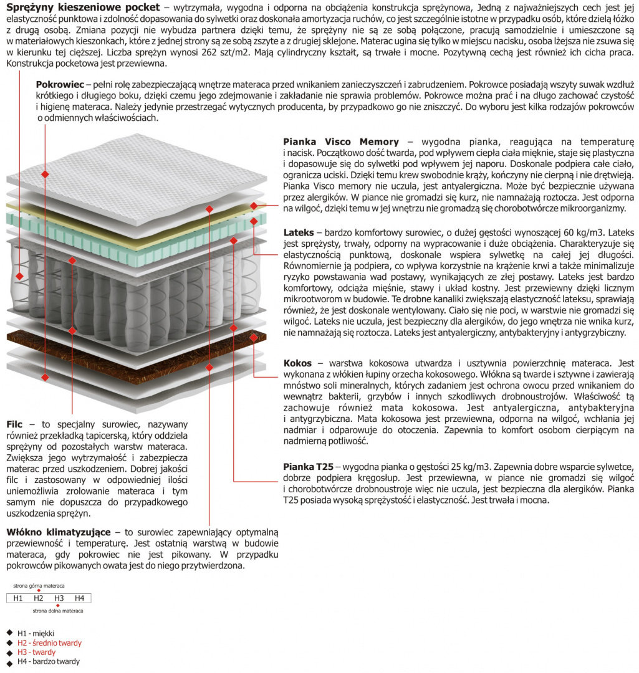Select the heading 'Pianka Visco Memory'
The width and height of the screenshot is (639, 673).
[340, 142]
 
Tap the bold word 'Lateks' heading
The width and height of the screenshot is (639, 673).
[299, 232]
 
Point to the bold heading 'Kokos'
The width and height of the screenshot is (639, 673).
[297, 363]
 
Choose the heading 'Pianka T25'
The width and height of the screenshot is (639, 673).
[309, 466]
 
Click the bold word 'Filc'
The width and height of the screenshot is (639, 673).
[14, 423]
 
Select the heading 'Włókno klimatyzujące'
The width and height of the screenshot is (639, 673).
[59, 532]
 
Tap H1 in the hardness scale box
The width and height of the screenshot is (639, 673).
[17, 598]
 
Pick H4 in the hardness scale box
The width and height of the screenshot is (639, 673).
[79, 598]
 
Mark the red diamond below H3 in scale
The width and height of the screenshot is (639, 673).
[58, 605]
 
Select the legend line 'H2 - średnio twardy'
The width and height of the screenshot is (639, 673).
[49, 642]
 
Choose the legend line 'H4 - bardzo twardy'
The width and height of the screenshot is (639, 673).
[49, 661]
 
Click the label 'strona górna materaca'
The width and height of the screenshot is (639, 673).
[39, 586]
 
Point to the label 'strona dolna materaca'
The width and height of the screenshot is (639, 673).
[57, 611]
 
